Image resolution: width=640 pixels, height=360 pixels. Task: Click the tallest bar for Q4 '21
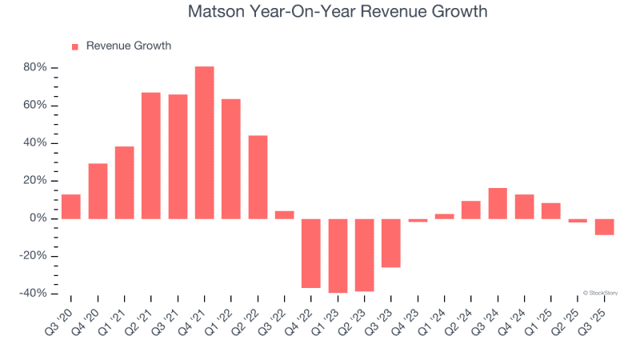tap(204, 142)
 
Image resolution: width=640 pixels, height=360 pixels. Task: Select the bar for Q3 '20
tap(70, 206)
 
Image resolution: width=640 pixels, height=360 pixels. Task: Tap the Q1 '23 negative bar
tap(338, 256)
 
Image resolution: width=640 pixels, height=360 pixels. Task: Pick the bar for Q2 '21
tap(150, 156)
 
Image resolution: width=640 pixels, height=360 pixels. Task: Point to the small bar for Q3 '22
tap(284, 215)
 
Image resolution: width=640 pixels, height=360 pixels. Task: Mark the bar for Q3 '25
tap(604, 226)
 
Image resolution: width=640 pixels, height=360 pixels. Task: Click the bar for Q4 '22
tap(310, 254)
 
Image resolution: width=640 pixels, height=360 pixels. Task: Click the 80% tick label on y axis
tap(35, 68)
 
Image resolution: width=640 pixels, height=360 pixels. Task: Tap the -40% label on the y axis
tap(33, 294)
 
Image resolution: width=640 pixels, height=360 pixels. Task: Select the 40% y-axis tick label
tap(35, 143)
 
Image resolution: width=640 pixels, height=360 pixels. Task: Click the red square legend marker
tap(75, 46)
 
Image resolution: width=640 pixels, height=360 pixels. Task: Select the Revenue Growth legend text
tap(128, 46)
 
